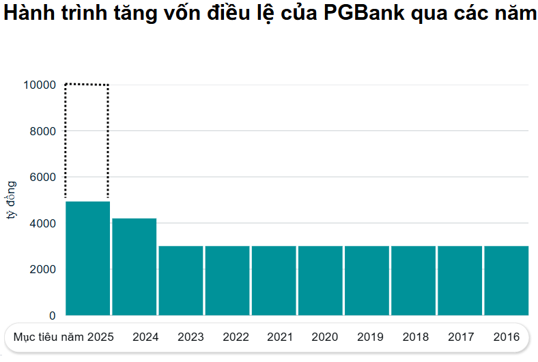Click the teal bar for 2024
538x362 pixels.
pos(134,266)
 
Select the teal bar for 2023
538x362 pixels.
pos(181,280)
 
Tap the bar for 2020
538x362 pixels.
pos(320,280)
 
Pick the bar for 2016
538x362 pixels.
pos(506,280)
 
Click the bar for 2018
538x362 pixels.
pos(413,280)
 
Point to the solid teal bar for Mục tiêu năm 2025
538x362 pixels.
pos(87,258)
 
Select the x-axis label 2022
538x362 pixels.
pos(236,337)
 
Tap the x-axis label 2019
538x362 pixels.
pos(370,337)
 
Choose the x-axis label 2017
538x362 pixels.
pos(461,337)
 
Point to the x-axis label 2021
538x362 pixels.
pos(280,337)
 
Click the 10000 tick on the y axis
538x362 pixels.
pos(39,85)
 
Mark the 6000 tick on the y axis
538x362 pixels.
pos(42,177)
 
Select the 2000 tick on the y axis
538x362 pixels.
pos(42,270)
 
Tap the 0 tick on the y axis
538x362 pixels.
pos(52,316)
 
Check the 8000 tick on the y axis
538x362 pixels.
pos(42,131)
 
